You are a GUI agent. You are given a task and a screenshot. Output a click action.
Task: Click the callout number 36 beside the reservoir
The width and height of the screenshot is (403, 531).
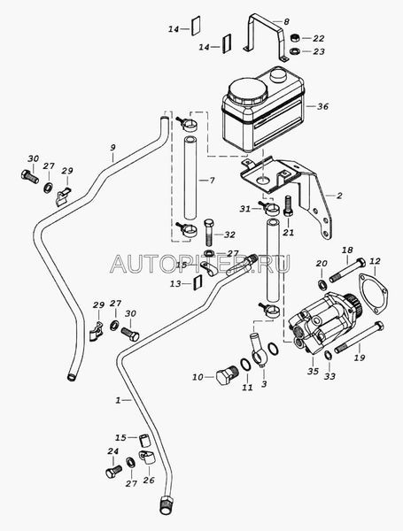point(322,106)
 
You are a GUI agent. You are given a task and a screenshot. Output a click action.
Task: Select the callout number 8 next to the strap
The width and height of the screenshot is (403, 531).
point(286,22)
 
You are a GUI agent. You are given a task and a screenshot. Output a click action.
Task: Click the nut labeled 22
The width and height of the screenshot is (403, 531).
point(295,37)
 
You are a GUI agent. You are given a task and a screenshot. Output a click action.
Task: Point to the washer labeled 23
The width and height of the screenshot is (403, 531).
point(295,51)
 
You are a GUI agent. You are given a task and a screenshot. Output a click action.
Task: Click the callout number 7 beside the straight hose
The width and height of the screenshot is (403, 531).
point(213,181)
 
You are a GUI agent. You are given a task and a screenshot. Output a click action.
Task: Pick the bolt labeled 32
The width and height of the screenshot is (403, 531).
point(209,232)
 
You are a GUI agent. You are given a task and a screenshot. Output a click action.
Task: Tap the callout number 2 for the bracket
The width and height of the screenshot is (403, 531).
point(339,196)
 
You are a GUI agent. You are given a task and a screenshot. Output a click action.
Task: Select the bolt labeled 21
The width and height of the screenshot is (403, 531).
point(288,206)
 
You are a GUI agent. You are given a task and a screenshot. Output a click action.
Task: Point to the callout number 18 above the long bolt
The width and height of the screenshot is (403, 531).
point(347,250)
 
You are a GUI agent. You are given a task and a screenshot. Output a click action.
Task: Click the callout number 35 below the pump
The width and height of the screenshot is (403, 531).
point(314,371)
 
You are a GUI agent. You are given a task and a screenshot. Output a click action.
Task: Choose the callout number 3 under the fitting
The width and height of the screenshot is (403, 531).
point(264,384)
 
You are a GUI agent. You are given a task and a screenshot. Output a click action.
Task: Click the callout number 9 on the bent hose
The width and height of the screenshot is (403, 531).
point(112,148)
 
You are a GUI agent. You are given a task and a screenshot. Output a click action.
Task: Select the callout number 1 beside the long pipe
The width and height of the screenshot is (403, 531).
point(118,400)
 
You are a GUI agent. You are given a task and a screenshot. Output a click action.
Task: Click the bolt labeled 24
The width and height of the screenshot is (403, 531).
point(113,472)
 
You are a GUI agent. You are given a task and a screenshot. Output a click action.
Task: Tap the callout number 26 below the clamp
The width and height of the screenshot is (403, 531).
point(149,480)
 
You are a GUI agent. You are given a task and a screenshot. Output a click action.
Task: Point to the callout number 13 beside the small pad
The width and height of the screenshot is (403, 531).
point(175,284)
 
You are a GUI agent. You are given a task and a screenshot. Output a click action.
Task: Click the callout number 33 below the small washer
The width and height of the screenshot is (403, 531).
point(329,376)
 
